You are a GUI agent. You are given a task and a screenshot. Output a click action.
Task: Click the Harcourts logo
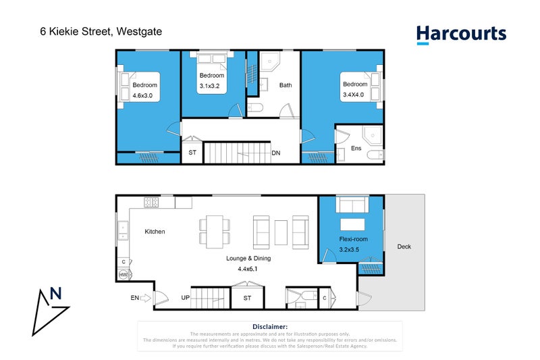461,34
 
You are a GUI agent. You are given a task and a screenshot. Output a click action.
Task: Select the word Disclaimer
269,326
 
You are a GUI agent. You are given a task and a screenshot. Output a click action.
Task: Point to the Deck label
404,247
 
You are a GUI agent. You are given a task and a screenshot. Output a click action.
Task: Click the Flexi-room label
353,239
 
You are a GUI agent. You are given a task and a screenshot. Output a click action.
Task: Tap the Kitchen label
155,232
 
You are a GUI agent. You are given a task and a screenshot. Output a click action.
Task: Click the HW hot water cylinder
124,275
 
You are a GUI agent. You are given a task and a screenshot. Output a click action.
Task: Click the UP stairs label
184,297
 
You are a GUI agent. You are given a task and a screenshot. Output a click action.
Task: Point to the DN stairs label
276,153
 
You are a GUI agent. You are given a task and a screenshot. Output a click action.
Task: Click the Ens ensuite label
356,148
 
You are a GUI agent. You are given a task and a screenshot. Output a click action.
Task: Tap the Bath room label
286,85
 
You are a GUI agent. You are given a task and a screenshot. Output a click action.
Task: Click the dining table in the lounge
215,230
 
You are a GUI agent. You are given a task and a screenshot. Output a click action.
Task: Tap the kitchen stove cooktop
151,202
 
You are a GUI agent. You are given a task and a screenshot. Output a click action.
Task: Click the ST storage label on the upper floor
192,153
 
